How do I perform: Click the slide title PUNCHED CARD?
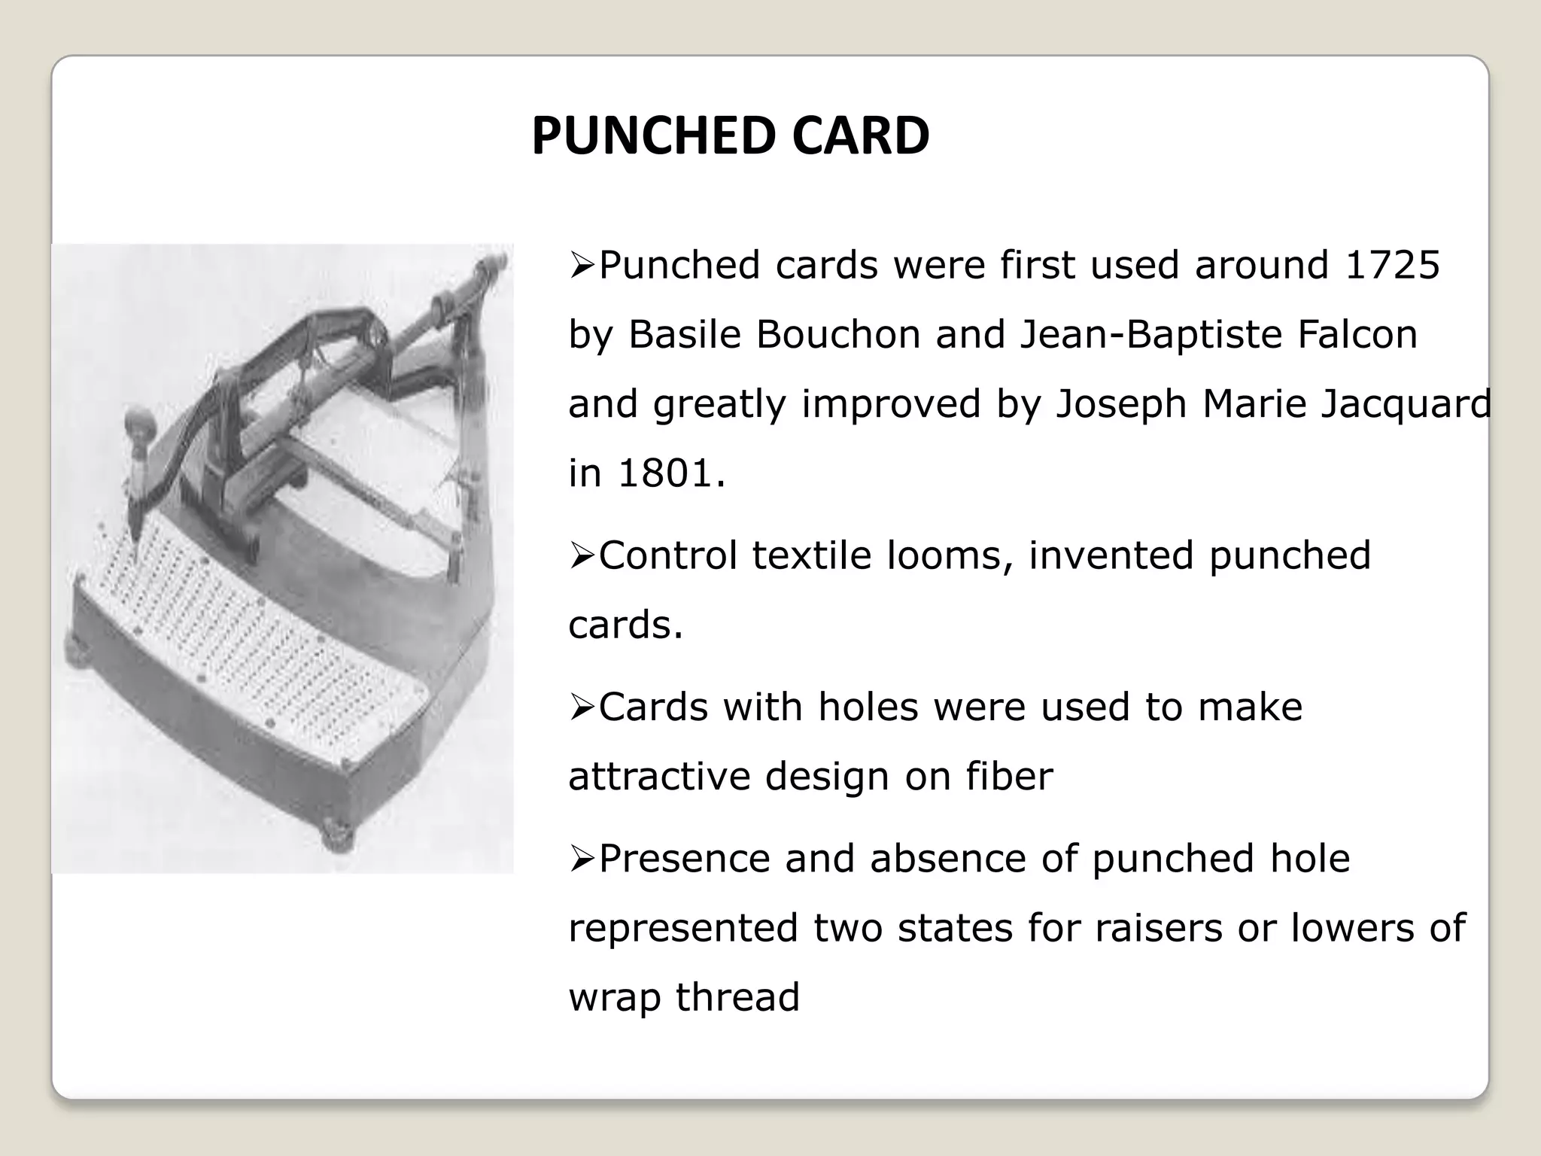[730, 136]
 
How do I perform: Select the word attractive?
[659, 777]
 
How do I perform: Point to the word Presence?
[684, 859]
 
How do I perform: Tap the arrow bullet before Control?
[582, 557]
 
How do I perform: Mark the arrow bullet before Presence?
[582, 859]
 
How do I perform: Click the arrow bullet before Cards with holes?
[582, 708]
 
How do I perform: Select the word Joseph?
[1120, 404]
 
